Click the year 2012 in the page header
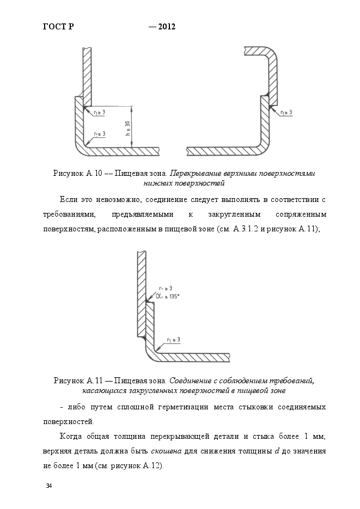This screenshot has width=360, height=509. click(166, 26)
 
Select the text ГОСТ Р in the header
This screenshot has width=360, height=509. click(58, 26)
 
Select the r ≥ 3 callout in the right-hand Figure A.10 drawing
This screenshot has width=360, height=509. click(286, 112)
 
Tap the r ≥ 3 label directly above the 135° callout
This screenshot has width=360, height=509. click(166, 287)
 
